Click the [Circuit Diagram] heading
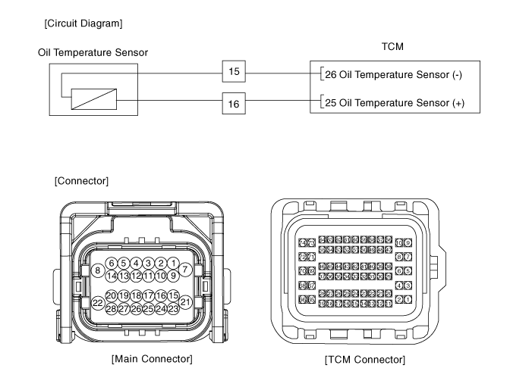pos(83,23)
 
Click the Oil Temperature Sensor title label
pos(93,52)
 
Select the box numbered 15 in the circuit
pos(234,72)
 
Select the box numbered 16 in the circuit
pos(234,103)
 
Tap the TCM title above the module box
pos(392,47)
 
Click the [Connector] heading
pos(82,181)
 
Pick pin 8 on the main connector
pos(97,270)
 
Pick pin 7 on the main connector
pos(185,269)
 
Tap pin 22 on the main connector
pos(97,303)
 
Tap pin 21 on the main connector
pos(185,301)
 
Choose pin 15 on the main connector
pos(173,295)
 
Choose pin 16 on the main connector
pos(161,295)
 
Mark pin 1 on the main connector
pos(173,263)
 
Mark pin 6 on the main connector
pos(111,263)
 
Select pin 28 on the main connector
pos(111,308)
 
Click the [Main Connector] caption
pos(151,358)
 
